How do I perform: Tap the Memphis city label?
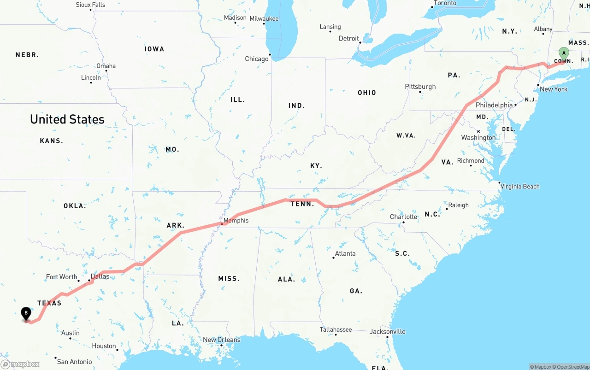pyautogui.click(x=236, y=221)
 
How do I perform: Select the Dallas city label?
pyautogui.click(x=100, y=276)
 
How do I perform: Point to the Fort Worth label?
pyautogui.click(x=61, y=277)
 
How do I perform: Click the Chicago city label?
pyautogui.click(x=257, y=59)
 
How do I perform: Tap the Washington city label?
pyautogui.click(x=478, y=138)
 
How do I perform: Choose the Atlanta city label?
pyautogui.click(x=345, y=253)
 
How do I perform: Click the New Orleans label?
pyautogui.click(x=222, y=340)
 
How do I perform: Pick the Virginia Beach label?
pyautogui.click(x=520, y=187)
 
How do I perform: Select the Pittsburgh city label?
pyautogui.click(x=420, y=87)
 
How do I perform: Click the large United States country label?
pyautogui.click(x=67, y=119)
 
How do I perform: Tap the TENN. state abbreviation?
pyautogui.click(x=302, y=204)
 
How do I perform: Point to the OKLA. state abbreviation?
pyautogui.click(x=75, y=206)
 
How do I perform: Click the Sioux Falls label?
pyautogui.click(x=90, y=5)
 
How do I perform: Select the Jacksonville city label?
pyautogui.click(x=388, y=332)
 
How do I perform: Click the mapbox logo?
pyautogui.click(x=20, y=364)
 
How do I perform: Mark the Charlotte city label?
pyautogui.click(x=404, y=217)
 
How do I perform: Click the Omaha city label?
pyautogui.click(x=106, y=66)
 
